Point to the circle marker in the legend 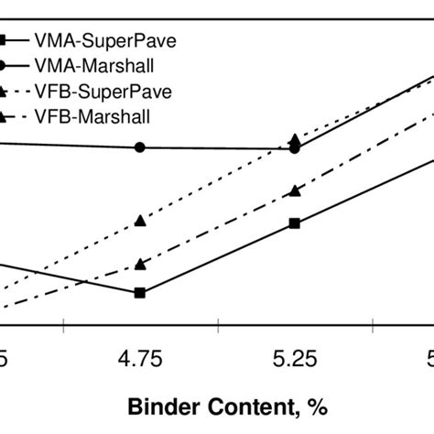tap(5, 67)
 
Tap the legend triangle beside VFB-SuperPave tap(5, 92)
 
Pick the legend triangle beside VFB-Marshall tap(5, 116)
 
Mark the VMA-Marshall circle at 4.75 tap(140, 146)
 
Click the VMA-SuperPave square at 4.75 tap(140, 293)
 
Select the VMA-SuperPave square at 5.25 tap(294, 222)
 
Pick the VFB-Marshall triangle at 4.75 tap(140, 264)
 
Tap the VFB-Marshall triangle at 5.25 tap(294, 190)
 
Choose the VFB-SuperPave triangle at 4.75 tap(140, 220)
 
